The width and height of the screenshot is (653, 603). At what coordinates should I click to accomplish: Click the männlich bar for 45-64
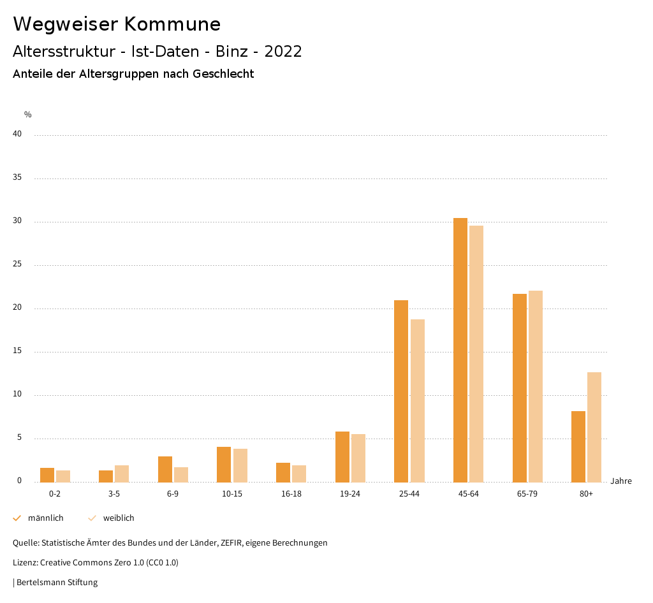(x=460, y=350)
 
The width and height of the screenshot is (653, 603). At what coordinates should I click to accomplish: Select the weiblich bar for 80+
(x=594, y=427)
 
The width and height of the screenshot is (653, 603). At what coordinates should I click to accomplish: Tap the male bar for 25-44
(x=401, y=391)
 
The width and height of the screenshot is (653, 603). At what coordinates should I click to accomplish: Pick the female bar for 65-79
(x=536, y=386)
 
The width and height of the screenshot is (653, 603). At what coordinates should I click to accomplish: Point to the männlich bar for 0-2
(x=47, y=475)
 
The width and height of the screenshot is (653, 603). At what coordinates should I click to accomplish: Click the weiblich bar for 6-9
(x=181, y=475)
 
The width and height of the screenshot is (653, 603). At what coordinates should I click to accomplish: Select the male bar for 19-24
(x=342, y=456)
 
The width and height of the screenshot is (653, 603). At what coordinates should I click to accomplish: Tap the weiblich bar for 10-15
(x=240, y=465)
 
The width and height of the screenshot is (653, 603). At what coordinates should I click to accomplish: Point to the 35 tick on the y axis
(x=17, y=178)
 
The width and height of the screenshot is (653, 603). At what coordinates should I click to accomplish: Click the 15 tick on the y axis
(x=17, y=351)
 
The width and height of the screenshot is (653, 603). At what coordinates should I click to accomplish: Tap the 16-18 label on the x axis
(x=291, y=494)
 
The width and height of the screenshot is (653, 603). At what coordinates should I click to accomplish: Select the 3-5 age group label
(x=114, y=494)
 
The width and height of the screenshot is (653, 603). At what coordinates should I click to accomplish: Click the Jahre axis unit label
(x=621, y=481)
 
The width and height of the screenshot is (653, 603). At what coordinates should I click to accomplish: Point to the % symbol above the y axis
(x=28, y=115)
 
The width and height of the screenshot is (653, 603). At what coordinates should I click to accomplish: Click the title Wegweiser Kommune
(x=117, y=24)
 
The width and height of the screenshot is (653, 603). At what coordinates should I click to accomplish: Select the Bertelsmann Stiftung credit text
(x=57, y=583)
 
